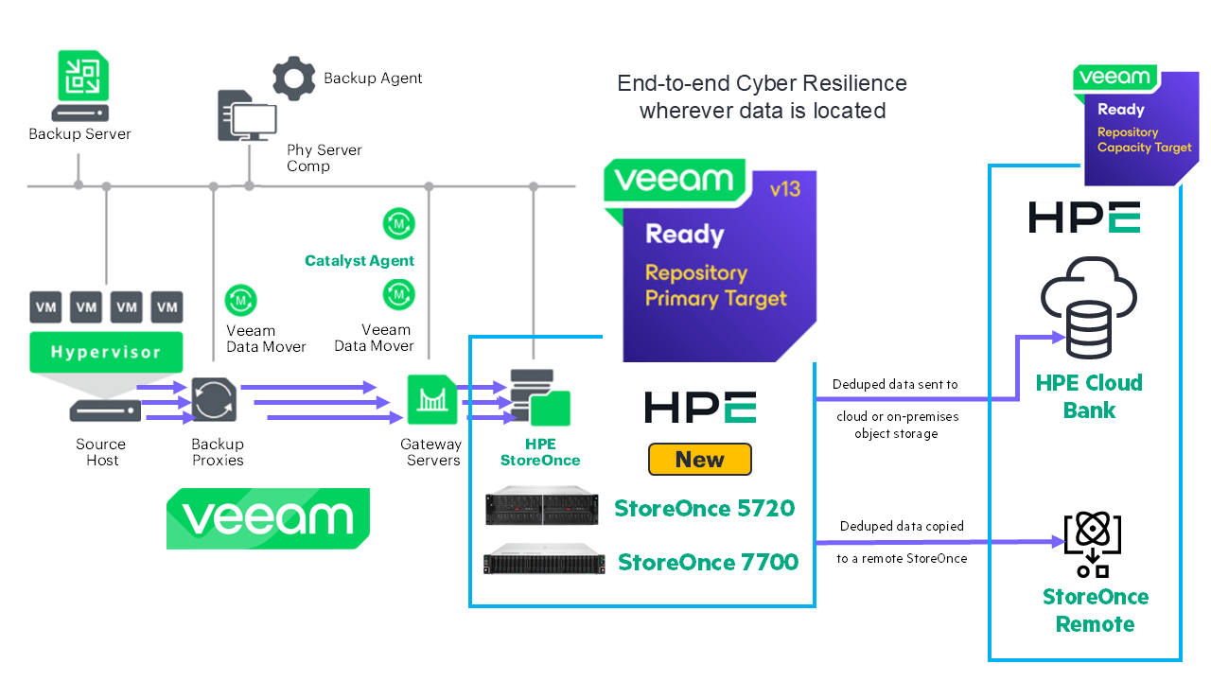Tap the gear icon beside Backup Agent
(293, 78)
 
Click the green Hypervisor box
(106, 352)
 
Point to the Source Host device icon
(105, 410)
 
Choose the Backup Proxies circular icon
(207, 400)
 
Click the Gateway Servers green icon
(430, 399)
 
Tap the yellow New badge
(699, 460)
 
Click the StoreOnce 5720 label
(704, 508)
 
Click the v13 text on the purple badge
(784, 189)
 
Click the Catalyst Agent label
(360, 260)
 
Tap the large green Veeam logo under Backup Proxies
(268, 519)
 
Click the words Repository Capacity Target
(1144, 140)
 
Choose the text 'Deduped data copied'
(901, 526)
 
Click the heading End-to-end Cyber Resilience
(762, 83)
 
